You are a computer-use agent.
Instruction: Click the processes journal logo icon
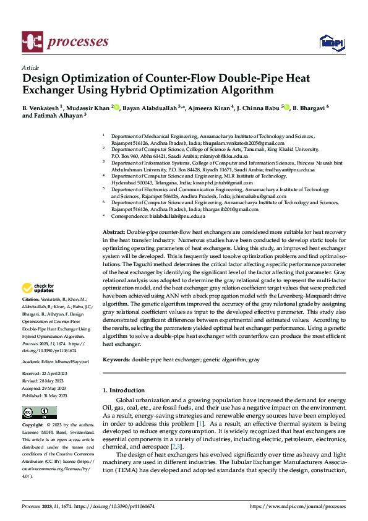click(x=32, y=42)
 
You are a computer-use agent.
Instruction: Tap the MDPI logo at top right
click(x=332, y=42)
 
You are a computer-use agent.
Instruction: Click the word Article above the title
click(x=30, y=67)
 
